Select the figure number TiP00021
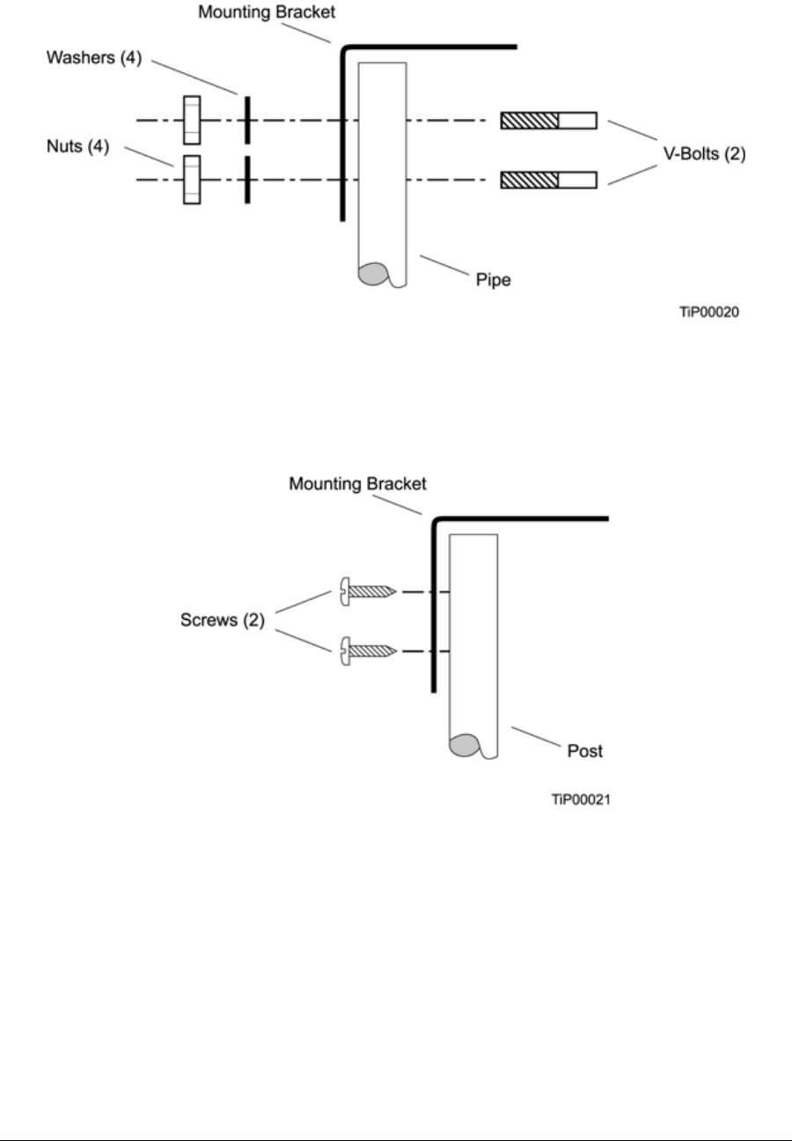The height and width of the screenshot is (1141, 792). click(580, 801)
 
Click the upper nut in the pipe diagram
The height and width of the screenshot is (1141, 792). click(192, 120)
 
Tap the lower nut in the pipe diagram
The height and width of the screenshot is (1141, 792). click(192, 180)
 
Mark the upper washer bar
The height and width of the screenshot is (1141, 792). click(248, 120)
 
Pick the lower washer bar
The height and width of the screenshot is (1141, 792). click(248, 180)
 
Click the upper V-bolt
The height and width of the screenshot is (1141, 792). click(548, 120)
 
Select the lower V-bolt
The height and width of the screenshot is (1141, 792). click(548, 180)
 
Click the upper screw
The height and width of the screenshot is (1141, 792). click(366, 592)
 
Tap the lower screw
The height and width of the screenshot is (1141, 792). click(366, 651)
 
